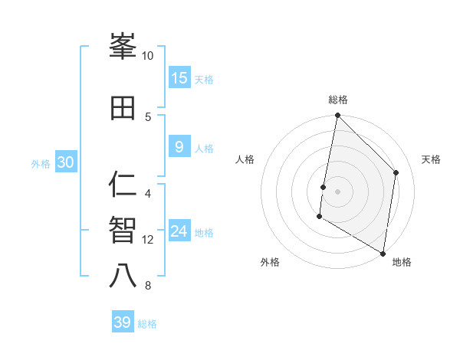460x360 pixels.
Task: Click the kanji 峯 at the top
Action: click(123, 47)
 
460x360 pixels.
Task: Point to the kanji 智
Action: click(123, 230)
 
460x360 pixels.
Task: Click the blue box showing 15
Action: click(179, 77)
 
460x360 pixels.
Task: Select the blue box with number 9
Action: click(179, 147)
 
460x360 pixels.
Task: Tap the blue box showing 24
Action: click(179, 232)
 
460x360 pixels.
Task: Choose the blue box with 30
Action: click(65, 162)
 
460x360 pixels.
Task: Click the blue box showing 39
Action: click(123, 322)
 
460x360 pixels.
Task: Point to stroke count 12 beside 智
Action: click(149, 240)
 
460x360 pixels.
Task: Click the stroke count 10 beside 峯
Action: click(148, 56)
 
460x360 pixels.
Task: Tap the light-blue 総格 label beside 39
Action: click(148, 324)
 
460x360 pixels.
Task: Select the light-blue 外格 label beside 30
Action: click(41, 163)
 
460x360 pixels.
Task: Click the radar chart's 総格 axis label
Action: click(338, 100)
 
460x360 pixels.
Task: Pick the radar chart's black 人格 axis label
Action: click(245, 159)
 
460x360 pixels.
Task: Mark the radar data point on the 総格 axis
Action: click(337, 116)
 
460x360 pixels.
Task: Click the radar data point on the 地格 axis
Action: click(383, 252)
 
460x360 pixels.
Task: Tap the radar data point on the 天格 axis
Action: click(396, 172)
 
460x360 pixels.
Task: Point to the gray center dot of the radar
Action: click(337, 191)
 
